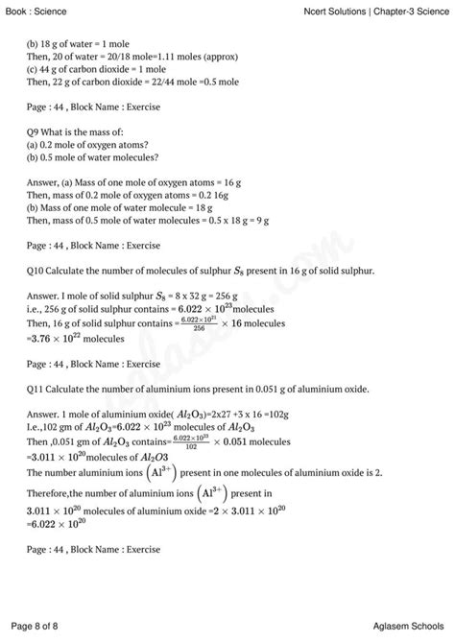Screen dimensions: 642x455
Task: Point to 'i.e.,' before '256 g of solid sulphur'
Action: [40, 311]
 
